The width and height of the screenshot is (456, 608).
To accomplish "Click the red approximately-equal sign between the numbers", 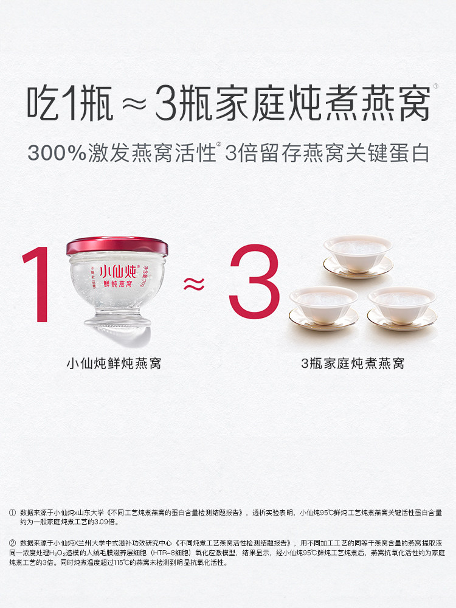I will [194, 283].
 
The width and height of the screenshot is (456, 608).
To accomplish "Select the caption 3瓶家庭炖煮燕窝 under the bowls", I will [353, 364].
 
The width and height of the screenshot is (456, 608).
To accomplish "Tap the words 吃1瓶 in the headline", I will [70, 103].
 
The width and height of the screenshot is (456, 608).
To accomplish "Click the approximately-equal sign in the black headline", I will [134, 105].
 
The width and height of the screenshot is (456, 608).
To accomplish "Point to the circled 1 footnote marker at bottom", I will [12, 513].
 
